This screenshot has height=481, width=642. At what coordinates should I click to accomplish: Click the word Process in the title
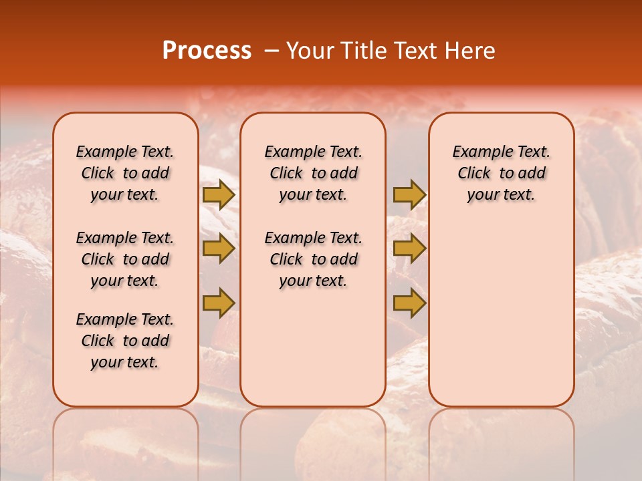point(207,51)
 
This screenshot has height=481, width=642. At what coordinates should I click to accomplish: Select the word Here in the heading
point(470,51)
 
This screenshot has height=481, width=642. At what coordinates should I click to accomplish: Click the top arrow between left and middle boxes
point(219,195)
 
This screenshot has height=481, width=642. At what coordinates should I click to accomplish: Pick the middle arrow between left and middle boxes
point(219,249)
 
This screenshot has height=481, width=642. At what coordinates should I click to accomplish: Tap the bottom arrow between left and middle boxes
point(219,303)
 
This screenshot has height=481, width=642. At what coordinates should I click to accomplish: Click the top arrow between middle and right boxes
point(409,195)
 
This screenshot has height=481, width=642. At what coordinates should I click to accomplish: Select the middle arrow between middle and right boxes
point(409,249)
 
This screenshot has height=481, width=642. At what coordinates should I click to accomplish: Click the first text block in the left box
point(125,173)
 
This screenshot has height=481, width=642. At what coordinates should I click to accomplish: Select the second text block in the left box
point(125,259)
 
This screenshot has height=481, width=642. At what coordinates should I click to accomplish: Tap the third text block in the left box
point(125,341)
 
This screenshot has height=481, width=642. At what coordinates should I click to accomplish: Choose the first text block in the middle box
point(313,173)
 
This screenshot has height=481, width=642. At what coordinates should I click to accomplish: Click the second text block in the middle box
point(313,259)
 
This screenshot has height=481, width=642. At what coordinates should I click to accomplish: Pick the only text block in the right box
point(501,173)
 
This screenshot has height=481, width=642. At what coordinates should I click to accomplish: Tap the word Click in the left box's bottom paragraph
point(98,341)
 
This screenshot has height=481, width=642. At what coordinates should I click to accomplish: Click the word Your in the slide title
point(310,51)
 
